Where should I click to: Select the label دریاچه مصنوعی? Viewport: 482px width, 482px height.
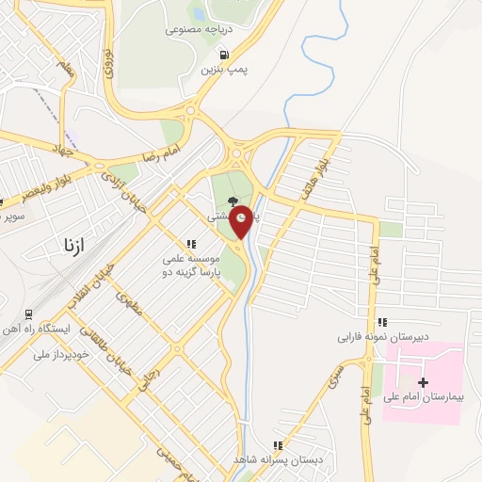point(199,29)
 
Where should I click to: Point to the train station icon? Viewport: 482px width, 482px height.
point(29,314)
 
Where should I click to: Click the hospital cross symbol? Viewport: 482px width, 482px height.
point(423,382)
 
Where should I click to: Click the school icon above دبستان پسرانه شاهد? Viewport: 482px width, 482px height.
point(277,444)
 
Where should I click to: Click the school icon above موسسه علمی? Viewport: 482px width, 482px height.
point(191,244)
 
